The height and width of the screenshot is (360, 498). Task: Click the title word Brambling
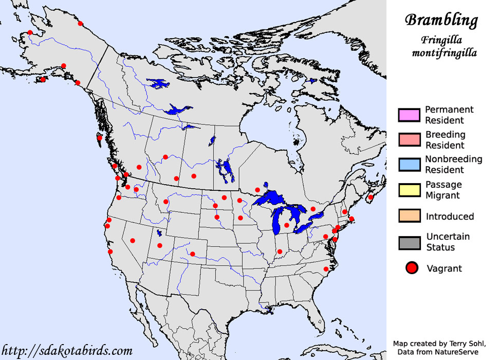441,20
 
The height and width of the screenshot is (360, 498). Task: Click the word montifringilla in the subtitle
444,52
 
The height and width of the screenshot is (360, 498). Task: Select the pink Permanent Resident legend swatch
409,115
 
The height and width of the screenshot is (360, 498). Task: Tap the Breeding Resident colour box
409,140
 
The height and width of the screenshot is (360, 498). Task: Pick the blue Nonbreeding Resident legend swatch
409,165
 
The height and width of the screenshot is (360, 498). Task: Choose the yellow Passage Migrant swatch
409,190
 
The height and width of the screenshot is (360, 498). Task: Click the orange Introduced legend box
409,216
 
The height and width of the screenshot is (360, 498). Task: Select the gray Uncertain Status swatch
409,242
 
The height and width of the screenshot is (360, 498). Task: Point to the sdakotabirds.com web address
66,351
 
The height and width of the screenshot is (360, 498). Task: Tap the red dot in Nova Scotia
371,197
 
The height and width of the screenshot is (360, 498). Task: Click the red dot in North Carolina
326,269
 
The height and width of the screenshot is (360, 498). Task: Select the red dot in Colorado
192,254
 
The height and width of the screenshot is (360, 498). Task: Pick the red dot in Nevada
133,240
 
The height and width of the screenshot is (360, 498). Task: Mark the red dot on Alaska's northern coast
80,23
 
